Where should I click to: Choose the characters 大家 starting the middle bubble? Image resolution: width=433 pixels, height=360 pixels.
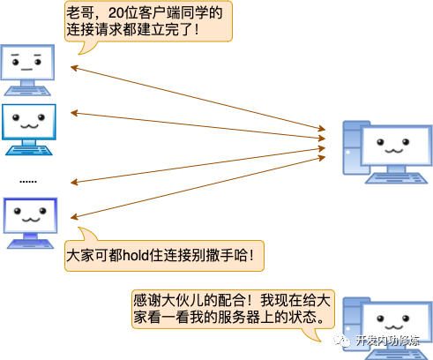[x=81, y=258]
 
